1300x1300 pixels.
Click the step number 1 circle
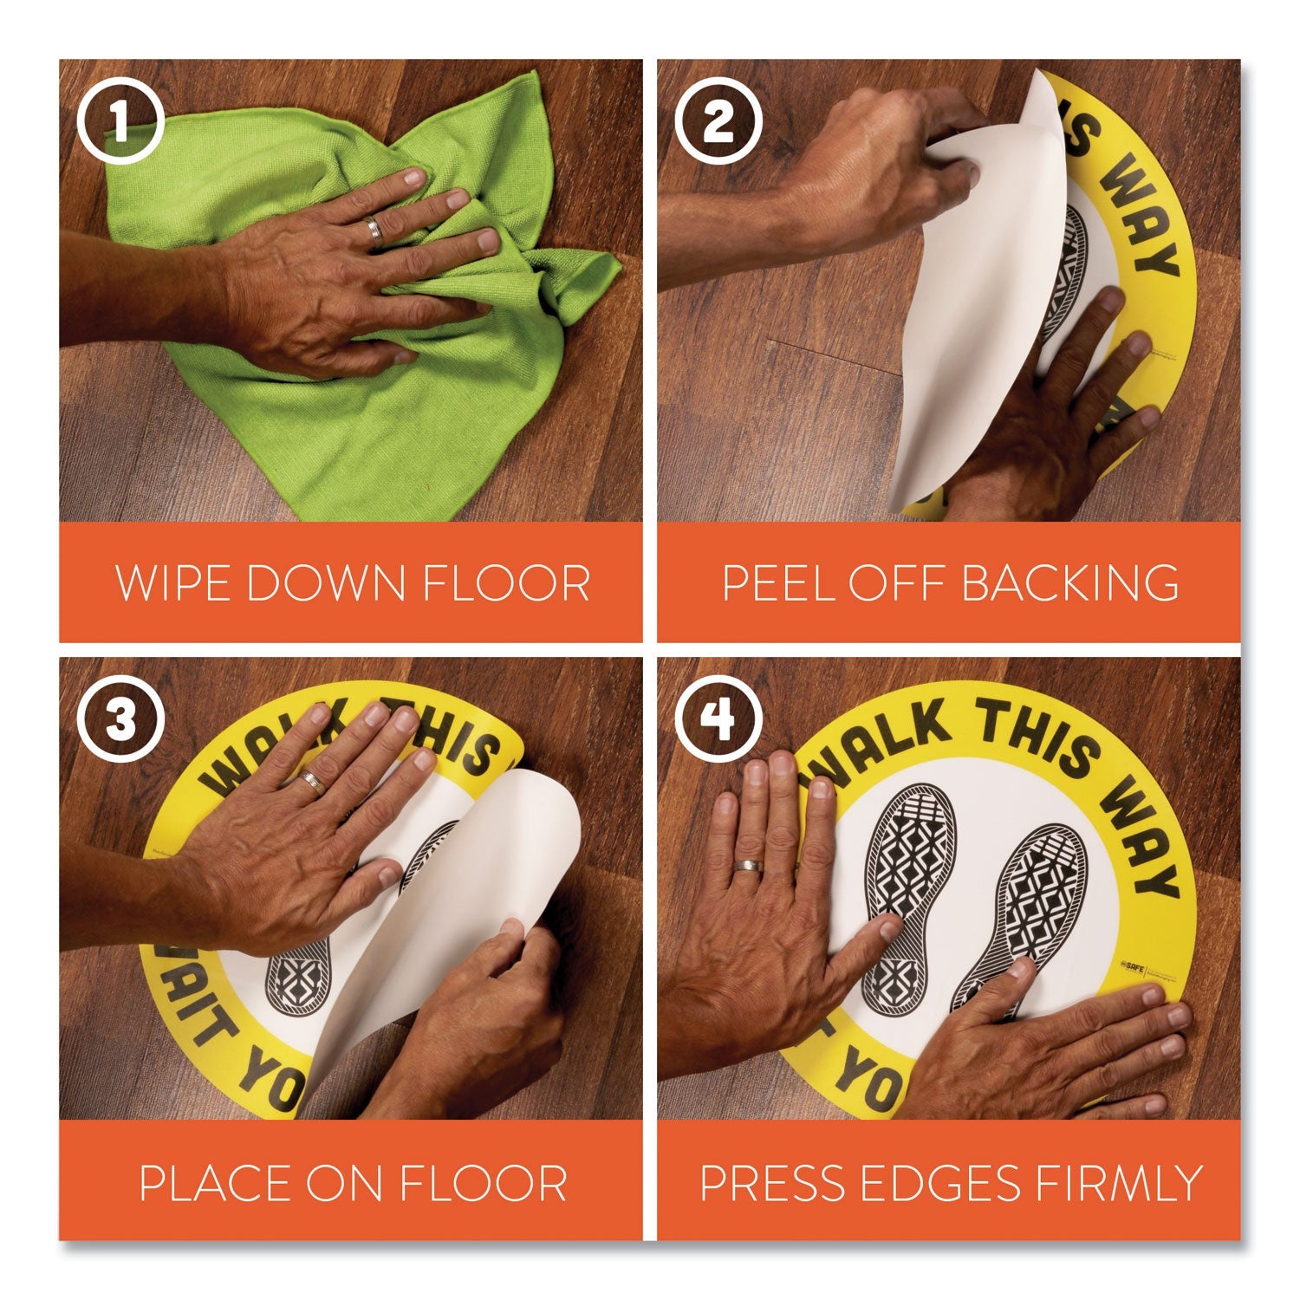coord(120,121)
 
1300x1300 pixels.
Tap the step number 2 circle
coord(718,121)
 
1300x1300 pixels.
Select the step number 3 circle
coord(120,721)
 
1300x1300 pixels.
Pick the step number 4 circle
coord(718,721)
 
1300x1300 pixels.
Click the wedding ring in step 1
coord(374,230)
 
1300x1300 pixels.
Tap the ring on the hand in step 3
coord(313,783)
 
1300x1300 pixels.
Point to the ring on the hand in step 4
coord(746,866)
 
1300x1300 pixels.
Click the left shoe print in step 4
coord(906,893)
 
